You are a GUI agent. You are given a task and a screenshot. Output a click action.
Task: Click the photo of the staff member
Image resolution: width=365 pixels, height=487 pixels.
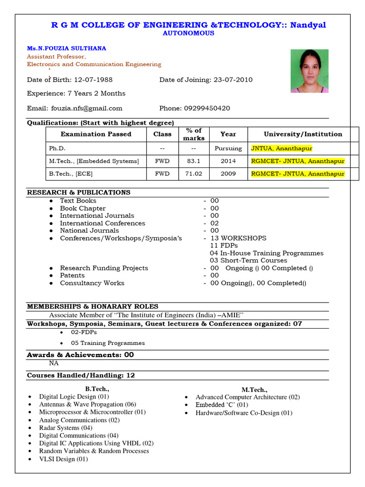pos(309,71)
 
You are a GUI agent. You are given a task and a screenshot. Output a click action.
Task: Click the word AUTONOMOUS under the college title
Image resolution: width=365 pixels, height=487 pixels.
pos(189,33)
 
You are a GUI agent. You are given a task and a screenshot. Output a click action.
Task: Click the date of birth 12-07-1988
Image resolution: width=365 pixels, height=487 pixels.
pos(90,80)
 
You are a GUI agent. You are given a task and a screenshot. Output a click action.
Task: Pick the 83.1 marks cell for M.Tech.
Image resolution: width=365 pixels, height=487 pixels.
pos(193,161)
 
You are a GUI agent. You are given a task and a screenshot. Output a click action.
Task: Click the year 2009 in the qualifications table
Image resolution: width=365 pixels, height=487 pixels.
pos(228,174)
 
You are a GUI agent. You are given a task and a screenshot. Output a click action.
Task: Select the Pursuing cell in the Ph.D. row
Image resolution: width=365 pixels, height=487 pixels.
pos(228,148)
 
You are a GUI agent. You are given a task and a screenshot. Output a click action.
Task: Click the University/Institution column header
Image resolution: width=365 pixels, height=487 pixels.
pos(303,134)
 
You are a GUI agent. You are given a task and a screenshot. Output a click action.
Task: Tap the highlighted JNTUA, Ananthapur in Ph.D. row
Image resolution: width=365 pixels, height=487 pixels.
pos(281,148)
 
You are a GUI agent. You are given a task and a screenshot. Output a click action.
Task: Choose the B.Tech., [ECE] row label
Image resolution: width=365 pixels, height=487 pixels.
pos(71,174)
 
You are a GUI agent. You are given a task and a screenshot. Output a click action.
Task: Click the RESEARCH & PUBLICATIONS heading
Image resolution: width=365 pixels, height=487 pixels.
pos(78,193)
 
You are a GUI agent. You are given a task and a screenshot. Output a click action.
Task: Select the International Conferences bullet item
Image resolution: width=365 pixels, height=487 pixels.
pos(102,223)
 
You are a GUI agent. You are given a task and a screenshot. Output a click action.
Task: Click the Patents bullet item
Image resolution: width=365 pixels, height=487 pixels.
pos(72,275)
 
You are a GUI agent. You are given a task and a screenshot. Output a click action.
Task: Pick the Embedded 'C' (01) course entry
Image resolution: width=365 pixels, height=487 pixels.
pos(221,405)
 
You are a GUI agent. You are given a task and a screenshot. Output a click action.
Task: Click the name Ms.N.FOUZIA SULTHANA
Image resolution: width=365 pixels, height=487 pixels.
pos(67,49)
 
